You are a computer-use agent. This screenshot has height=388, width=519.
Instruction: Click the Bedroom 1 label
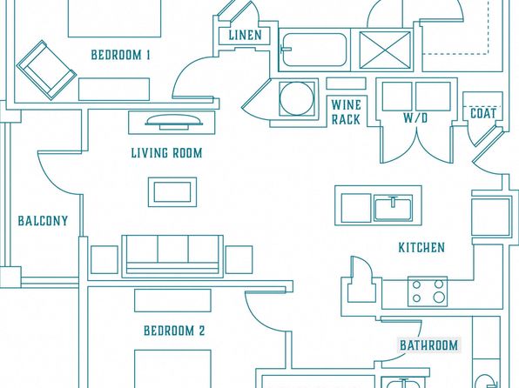pos(120,55)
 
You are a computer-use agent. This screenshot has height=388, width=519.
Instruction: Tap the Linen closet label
pos(245,35)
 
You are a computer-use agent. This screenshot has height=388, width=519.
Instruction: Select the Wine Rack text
pos(346,112)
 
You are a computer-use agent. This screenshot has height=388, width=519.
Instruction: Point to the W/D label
pos(415,117)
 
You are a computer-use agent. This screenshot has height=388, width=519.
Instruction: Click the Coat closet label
pos(483,113)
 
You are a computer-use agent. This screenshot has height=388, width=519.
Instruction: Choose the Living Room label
pos(166,153)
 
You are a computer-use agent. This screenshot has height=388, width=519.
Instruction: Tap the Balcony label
pos(43,221)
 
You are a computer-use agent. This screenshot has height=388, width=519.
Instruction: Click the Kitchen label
pos(421,247)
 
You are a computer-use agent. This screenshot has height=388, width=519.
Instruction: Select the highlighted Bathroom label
pos(428,345)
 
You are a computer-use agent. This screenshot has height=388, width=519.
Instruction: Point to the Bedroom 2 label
pos(174,331)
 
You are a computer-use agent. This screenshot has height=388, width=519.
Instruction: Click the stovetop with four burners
pos(428,291)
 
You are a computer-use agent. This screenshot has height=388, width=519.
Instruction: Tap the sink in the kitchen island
pos(394,208)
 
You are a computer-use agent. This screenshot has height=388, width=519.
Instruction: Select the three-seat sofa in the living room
pos(172,257)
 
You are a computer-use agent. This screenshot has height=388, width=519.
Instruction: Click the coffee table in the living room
pos(172,192)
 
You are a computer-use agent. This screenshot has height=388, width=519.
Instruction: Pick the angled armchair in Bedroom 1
pos(46,70)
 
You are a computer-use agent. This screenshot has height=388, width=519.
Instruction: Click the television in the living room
pos(172,122)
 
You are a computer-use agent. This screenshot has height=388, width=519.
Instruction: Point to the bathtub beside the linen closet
pos(313,50)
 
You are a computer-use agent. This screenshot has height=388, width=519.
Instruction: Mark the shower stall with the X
pos(385,50)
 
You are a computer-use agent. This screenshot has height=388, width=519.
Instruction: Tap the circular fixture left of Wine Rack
pos(296,98)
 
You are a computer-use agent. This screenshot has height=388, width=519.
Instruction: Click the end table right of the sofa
pos(239,259)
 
